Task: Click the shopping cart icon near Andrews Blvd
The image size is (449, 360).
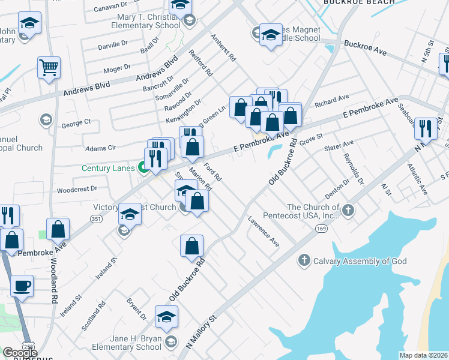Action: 49,67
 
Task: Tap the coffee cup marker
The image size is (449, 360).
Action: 22,286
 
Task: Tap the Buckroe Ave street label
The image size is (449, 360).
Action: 367,44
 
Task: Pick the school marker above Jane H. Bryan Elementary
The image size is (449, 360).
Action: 166,317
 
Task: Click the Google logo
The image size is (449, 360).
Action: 20,353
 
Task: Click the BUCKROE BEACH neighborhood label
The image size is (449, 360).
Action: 359,2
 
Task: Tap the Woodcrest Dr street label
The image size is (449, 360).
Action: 77,188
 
